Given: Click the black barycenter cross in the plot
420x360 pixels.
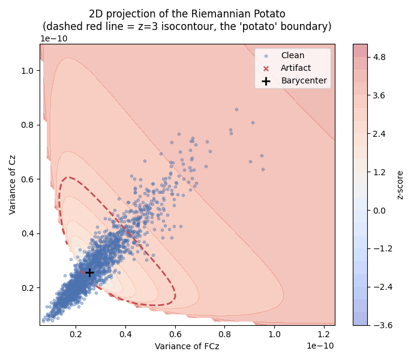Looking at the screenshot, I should tap(89, 272).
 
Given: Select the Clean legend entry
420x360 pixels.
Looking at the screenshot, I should tap(292, 55).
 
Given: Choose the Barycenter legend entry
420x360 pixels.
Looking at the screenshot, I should tap(304, 80).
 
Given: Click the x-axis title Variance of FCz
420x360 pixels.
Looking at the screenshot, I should tap(187, 346).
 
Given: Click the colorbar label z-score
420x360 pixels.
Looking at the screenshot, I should tap(400, 184).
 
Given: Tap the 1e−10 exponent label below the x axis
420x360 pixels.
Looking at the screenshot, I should tap(320, 346).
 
